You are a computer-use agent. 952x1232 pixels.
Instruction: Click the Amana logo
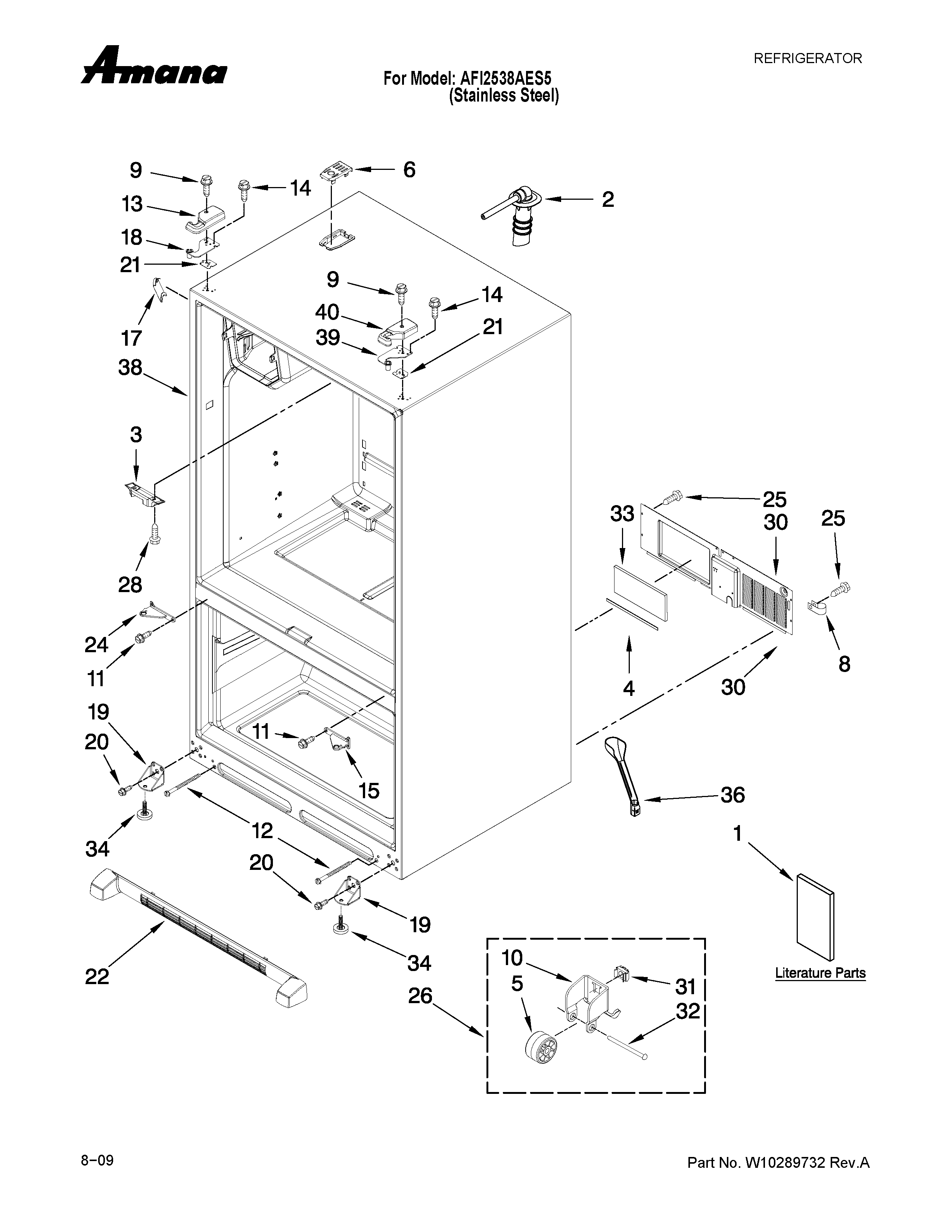click(x=154, y=66)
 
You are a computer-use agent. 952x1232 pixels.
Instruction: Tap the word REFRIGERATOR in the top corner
click(x=808, y=59)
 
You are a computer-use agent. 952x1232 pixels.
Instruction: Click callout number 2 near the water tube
click(x=607, y=200)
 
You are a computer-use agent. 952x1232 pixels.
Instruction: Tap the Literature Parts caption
click(x=820, y=973)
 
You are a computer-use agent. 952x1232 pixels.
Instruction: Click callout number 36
click(x=732, y=795)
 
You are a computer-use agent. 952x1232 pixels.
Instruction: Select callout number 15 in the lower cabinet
click(x=368, y=791)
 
